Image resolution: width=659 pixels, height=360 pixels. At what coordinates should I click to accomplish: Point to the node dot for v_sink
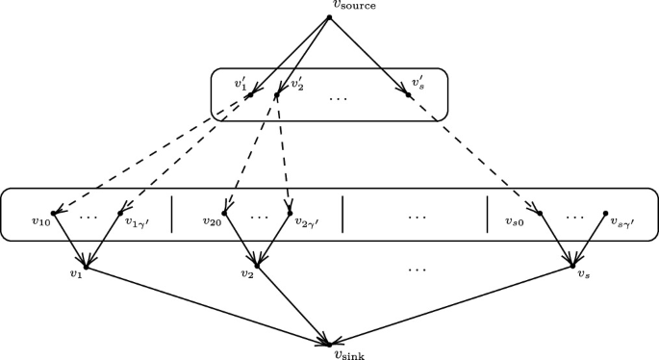329,343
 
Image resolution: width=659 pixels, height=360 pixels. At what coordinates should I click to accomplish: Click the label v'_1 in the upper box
241,84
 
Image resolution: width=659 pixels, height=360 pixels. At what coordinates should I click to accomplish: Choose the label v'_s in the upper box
418,84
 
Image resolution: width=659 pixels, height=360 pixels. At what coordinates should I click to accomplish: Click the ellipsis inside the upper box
339,98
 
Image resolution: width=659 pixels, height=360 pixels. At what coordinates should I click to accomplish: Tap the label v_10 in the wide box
40,220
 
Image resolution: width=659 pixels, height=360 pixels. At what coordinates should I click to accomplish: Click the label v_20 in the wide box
212,220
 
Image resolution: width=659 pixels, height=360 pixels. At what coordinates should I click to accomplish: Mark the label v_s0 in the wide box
515,220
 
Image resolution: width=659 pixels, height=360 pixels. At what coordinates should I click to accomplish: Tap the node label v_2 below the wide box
247,272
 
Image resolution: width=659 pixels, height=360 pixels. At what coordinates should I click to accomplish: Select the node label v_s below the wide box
583,272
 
